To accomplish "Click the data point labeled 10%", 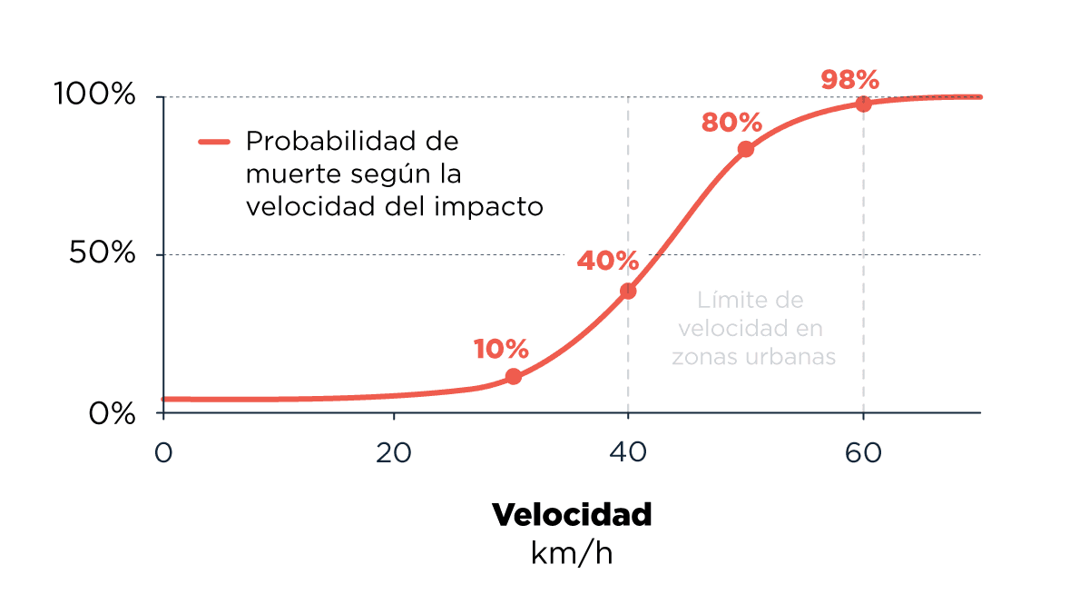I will point(514,376).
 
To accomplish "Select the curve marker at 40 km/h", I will point(628,291).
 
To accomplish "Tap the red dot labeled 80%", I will point(746,149).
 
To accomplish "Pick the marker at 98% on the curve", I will point(863,104).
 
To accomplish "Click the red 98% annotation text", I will point(849,80).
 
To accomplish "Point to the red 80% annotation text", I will point(731,123).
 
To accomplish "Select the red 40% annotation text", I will point(608,261).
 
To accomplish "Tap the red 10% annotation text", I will point(500,349).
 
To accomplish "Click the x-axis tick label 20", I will point(393,452).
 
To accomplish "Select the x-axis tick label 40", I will point(628,452).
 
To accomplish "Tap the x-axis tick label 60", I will point(863,452).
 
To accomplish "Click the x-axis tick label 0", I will point(163,452).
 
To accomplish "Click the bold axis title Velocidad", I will point(572,515).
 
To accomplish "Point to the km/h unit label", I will point(572,552).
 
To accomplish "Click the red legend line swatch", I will point(215,142).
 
